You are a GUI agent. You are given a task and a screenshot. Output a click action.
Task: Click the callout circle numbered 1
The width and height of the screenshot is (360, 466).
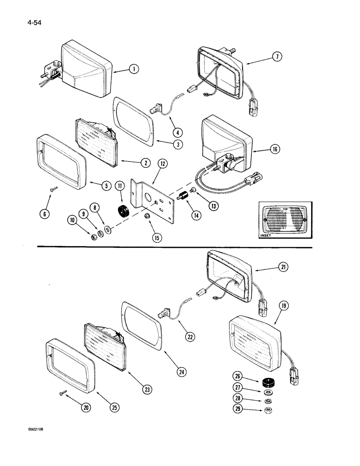(134, 69)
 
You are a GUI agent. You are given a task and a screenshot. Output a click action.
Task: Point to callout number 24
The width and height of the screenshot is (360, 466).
(182, 371)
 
